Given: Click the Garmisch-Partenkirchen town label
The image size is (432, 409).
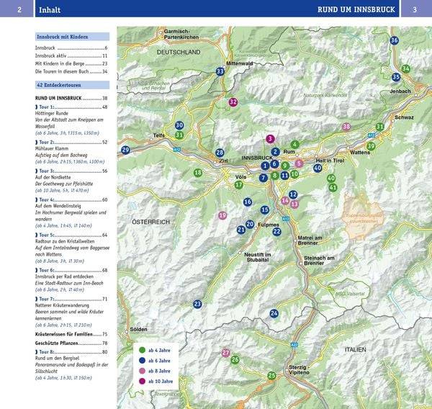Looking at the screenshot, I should (186, 34).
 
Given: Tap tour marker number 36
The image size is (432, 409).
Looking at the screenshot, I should (394, 40).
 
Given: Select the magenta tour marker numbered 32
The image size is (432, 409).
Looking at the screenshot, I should (233, 102).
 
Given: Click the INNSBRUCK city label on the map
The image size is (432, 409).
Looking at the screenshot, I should (258, 157).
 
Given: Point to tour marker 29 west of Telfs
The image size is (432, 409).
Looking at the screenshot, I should (126, 150).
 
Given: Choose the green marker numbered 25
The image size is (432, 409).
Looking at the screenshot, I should (271, 375).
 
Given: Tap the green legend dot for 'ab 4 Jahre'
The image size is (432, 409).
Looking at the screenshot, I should (142, 351).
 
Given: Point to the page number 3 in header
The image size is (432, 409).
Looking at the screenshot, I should (415, 9).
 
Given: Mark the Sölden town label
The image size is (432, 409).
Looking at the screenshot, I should (138, 329).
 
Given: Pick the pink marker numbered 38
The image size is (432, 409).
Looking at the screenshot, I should (346, 127).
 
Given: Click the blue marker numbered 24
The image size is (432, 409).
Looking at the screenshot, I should (274, 313).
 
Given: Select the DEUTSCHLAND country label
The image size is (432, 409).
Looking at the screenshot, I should (178, 53).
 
